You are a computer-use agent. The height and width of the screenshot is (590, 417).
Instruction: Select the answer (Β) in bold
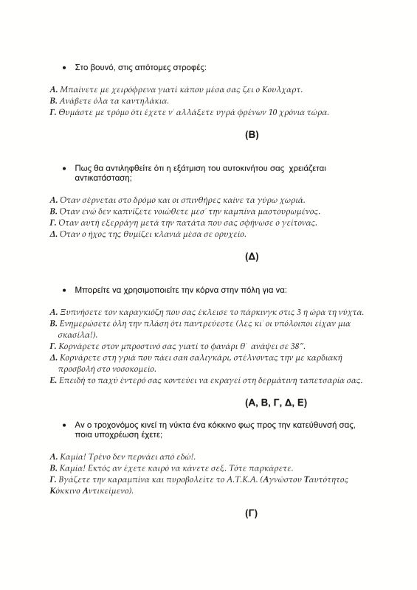[252, 135]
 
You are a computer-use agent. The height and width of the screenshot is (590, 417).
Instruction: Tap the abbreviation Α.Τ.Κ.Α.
[244, 479]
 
